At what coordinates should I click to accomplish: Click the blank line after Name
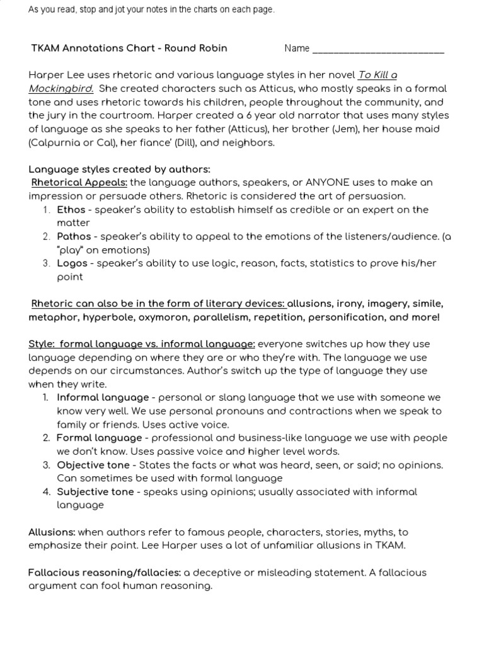378,49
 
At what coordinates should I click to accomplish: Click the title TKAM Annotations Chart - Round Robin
129,49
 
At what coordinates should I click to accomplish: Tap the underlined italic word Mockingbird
61,88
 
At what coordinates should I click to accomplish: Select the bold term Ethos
70,210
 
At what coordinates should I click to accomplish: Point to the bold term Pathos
74,237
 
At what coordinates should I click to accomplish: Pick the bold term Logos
72,263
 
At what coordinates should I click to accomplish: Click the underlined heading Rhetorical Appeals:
79,183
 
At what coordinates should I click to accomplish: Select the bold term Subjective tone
95,492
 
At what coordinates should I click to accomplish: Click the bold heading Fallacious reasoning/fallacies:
105,573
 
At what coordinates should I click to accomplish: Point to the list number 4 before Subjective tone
46,492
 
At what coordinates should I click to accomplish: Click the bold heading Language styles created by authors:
119,169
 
